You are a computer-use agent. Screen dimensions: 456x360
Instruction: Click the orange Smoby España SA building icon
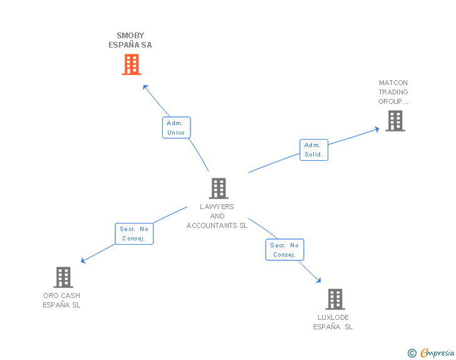coord(131,64)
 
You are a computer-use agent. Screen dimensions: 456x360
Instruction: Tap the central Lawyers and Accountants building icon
coord(218,188)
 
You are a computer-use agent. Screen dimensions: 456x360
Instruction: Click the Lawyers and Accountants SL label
coord(217,216)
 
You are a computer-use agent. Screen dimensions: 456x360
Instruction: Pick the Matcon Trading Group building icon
coord(395,121)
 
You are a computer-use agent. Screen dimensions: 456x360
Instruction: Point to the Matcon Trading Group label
coord(393,92)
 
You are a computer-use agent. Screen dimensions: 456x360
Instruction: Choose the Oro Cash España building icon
coord(63,277)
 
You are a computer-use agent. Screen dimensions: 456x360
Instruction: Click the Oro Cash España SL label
coord(61,301)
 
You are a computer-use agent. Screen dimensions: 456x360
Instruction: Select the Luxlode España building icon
coord(335,299)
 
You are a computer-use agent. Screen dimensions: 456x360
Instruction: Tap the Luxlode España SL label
coord(333,322)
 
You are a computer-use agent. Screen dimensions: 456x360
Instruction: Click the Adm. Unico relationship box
coord(176,128)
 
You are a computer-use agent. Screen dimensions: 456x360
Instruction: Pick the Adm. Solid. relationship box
coord(314,150)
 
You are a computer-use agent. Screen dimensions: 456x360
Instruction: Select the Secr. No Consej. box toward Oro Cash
coord(134,234)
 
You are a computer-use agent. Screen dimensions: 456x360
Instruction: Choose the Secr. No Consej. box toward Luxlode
coord(284,250)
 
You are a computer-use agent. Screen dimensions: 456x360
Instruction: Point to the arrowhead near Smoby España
coord(145,86)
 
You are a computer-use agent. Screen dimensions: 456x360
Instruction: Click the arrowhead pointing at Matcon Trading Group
coord(376,129)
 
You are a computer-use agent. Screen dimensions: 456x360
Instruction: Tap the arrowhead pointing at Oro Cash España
coord(83,260)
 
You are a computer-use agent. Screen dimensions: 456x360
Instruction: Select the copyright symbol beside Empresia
coord(412,354)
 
